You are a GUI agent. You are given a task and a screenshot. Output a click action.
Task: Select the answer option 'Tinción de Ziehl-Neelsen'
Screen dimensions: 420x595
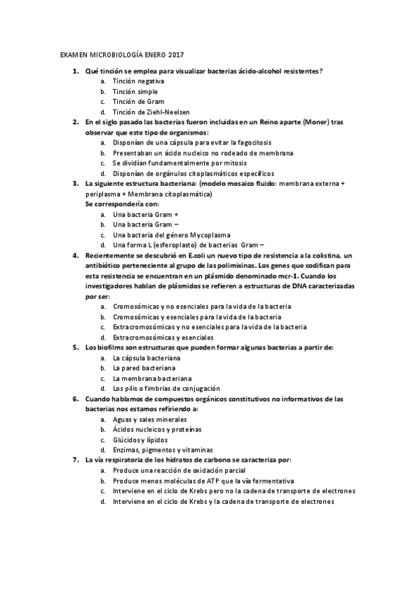pos(151,112)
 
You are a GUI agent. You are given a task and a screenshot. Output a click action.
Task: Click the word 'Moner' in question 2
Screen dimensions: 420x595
pos(297,122)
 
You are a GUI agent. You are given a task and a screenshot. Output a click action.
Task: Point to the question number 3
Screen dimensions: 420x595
pos(75,183)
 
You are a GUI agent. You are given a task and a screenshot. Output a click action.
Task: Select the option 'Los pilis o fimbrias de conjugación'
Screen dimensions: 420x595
pos(166,388)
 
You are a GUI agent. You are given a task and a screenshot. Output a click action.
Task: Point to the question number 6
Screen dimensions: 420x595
pos(75,399)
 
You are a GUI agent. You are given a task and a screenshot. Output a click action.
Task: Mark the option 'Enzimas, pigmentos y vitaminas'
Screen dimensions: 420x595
pos(163,450)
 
